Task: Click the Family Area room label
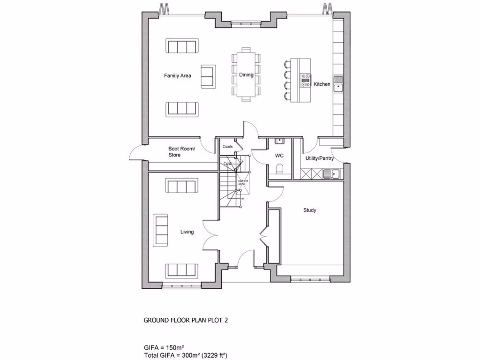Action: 177,75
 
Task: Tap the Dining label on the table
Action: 246,75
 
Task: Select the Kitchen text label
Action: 322,84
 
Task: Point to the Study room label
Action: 309,210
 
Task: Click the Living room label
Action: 187,232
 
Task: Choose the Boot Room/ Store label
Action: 181,152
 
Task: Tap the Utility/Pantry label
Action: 320,158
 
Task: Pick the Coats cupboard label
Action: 228,147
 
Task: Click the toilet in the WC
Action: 280,170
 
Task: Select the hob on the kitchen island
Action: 305,80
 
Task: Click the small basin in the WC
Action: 280,140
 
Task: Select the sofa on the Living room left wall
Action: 161,230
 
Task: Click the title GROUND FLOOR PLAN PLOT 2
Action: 186,321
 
